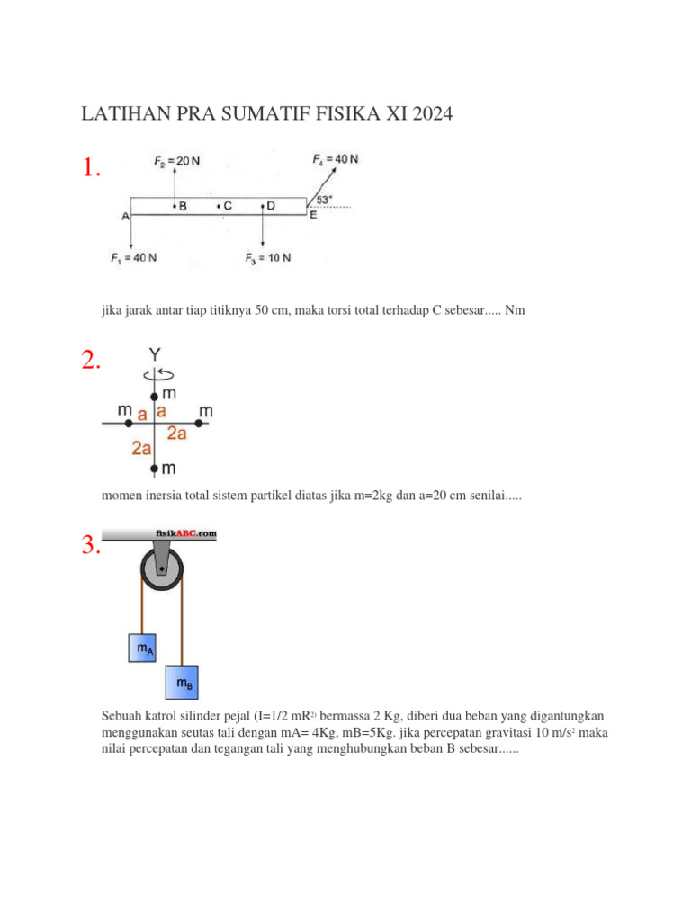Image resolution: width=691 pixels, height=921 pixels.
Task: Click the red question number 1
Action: click(x=91, y=169)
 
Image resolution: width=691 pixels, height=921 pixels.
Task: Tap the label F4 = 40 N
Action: click(x=335, y=159)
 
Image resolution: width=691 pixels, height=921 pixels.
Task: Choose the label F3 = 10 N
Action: click(x=267, y=259)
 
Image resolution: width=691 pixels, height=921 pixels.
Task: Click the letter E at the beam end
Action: click(x=313, y=215)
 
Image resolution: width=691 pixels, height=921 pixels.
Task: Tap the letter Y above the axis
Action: click(x=155, y=356)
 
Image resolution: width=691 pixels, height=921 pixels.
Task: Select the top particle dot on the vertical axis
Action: click(x=155, y=396)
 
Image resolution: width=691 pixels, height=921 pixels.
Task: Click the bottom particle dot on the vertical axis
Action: click(x=155, y=469)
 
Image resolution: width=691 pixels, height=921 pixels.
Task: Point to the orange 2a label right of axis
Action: click(x=177, y=434)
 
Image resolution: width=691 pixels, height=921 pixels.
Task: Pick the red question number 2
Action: click(x=91, y=362)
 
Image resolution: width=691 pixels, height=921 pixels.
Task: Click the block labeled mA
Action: click(x=143, y=647)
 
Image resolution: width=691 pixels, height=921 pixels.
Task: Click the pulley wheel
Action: click(x=162, y=569)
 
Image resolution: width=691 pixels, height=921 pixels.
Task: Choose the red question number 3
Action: click(x=91, y=546)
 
